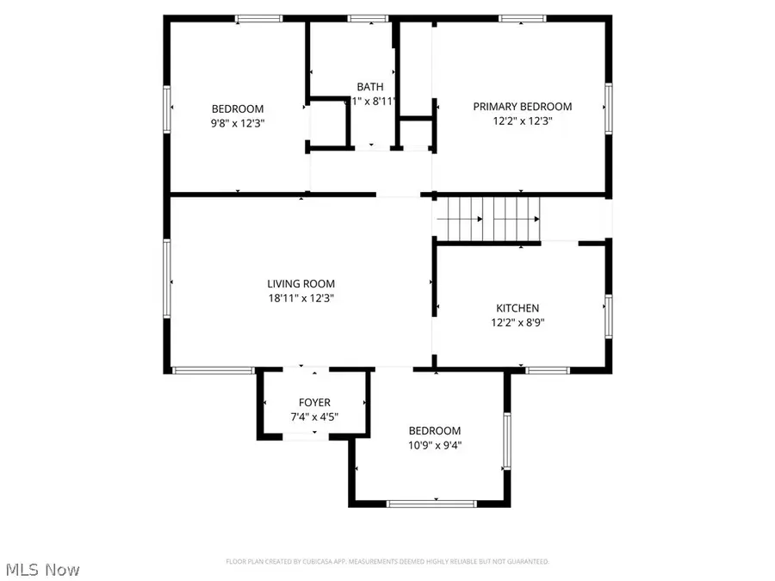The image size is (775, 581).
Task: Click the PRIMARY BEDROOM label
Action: tap(522, 107)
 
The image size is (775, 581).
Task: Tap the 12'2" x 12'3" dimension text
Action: tap(522, 121)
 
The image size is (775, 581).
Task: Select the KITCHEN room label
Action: tap(518, 308)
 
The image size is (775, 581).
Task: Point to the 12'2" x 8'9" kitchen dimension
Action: tap(518, 324)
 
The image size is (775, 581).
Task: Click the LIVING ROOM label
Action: tap(301, 283)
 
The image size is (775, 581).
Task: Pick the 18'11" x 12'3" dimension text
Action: tap(301, 299)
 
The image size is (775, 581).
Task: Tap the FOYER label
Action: tap(314, 402)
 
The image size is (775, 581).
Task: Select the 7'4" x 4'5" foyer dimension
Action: tap(314, 417)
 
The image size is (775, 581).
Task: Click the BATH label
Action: tap(370, 87)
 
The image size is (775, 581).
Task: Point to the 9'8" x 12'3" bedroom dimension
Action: tap(238, 123)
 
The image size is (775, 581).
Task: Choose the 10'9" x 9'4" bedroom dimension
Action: tap(434, 446)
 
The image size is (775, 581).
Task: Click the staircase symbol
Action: tap(488, 219)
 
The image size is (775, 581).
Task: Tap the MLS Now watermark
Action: tap(44, 569)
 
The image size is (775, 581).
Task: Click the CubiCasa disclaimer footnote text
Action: tap(387, 561)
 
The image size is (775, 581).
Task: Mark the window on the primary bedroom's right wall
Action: tap(608, 108)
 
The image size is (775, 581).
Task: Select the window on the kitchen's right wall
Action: tap(608, 315)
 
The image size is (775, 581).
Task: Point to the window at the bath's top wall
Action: tap(368, 17)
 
